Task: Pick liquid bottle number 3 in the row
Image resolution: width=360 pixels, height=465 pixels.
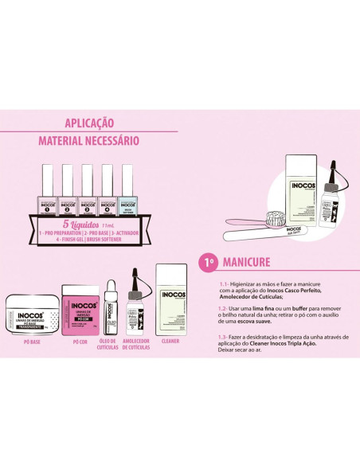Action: click(87, 192)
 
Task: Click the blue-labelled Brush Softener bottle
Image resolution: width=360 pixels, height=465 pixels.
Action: click(127, 192)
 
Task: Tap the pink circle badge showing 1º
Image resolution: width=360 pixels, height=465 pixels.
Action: click(206, 261)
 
